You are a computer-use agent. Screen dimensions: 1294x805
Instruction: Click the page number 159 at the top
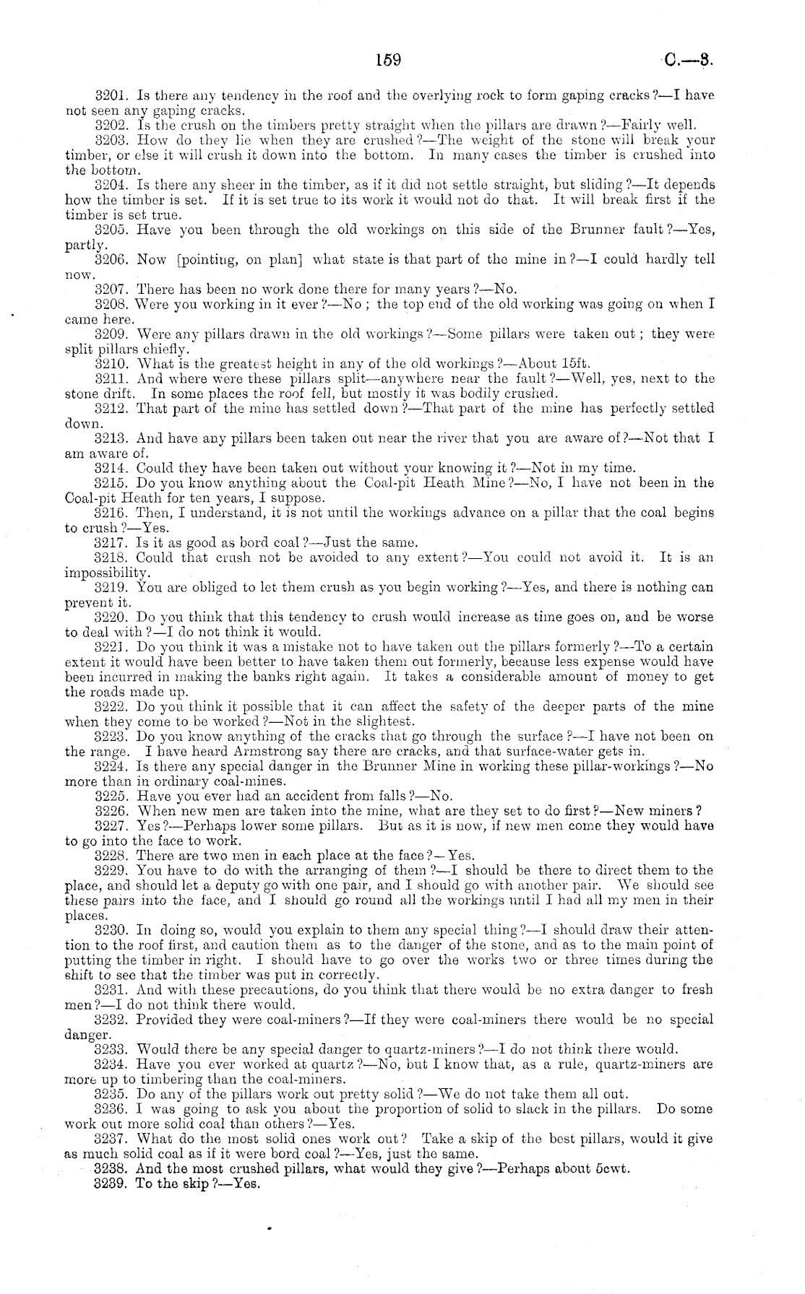click(x=388, y=61)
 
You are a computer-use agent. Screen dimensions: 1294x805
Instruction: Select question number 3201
click(x=112, y=95)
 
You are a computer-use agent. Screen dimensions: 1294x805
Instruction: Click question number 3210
click(x=112, y=363)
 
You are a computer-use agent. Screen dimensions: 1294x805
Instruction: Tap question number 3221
click(x=112, y=646)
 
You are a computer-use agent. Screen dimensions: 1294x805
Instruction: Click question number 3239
click(x=112, y=1184)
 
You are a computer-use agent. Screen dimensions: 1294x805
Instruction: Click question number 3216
click(x=112, y=512)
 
